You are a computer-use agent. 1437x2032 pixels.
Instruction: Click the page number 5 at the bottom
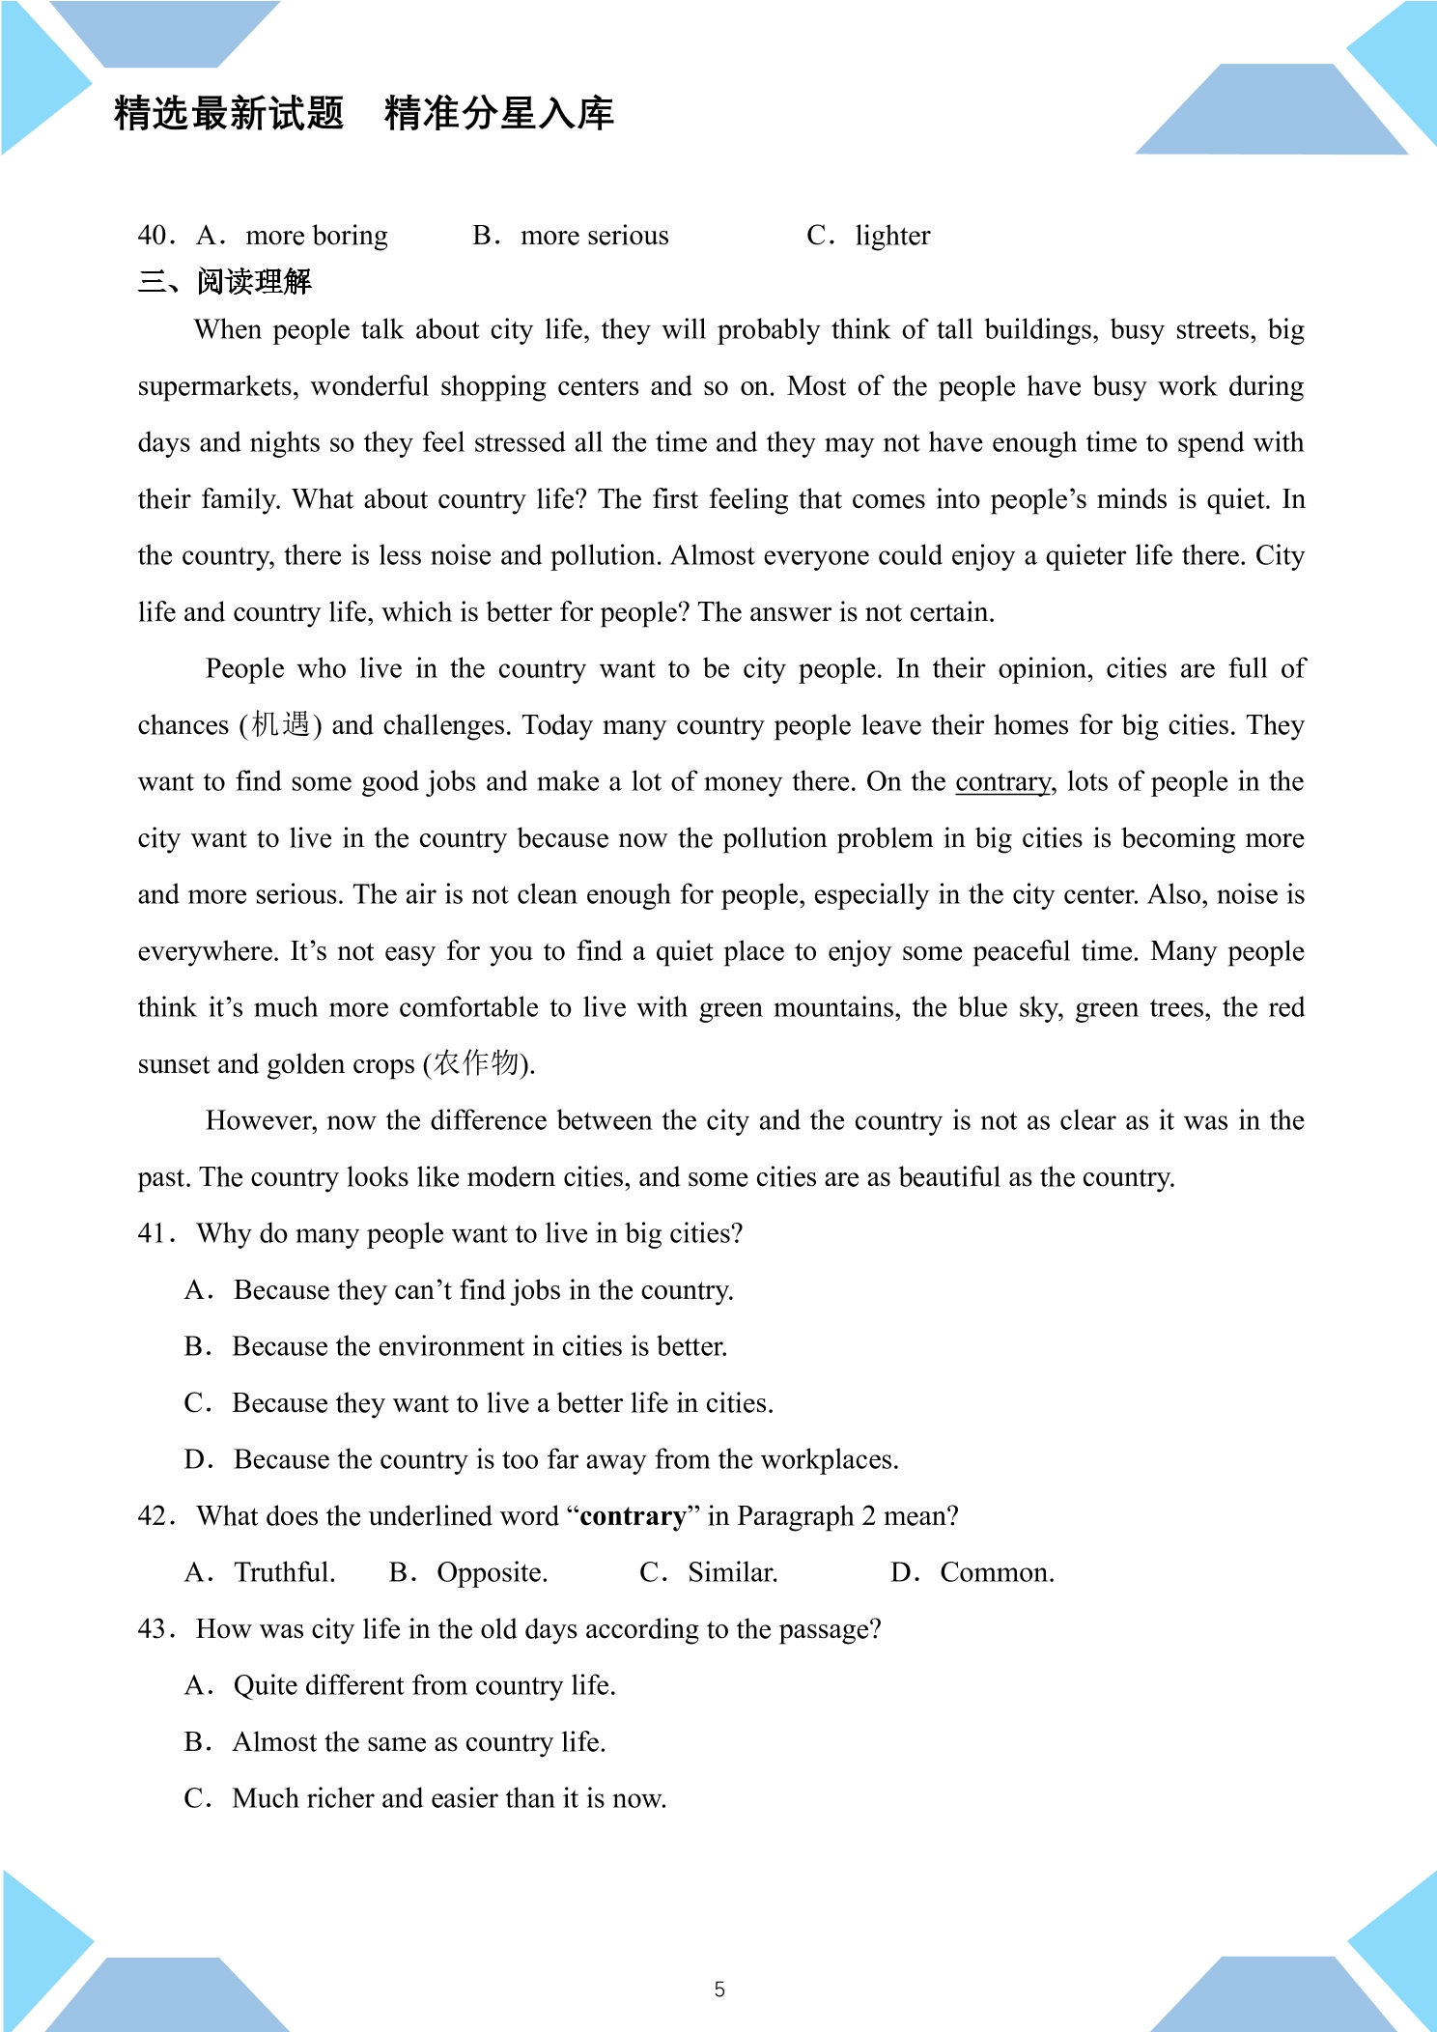tap(718, 1989)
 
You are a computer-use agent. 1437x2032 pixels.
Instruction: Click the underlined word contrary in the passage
tap(1002, 781)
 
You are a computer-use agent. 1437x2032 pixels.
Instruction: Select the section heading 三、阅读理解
tap(224, 282)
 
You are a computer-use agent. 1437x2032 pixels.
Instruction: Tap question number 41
tap(155, 1233)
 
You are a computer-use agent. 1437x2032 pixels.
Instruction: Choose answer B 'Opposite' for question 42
tap(492, 1572)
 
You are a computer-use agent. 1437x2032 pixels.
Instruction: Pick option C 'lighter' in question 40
tap(892, 236)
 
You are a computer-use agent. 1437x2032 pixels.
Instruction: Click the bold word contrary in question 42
tap(633, 1516)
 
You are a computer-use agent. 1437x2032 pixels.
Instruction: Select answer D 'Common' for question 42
tap(996, 1572)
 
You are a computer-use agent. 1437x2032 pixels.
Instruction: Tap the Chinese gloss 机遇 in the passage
tap(280, 724)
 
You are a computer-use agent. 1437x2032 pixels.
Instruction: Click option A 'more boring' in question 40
tap(317, 236)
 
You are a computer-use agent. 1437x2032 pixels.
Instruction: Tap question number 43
tap(155, 1629)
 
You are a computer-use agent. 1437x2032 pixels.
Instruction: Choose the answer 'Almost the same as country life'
tap(418, 1742)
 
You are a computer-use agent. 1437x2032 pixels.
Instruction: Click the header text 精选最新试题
tap(229, 113)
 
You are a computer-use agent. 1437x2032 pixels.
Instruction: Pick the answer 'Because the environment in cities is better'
tap(479, 1346)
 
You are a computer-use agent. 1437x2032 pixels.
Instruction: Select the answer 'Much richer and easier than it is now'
tap(449, 1798)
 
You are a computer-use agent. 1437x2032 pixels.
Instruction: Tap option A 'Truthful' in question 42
tap(284, 1572)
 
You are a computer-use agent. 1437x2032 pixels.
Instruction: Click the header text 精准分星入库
tap(499, 113)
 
